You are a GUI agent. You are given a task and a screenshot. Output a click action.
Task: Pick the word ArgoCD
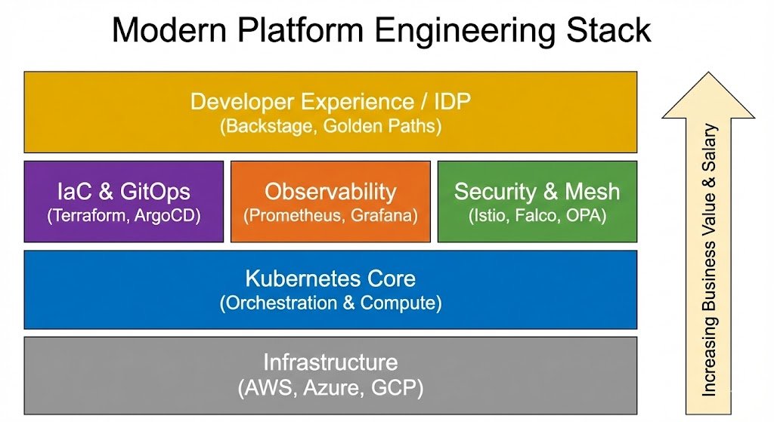coord(170,215)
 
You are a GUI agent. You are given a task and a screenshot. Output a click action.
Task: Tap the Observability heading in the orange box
coord(330,191)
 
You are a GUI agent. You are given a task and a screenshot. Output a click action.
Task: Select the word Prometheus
coord(293,215)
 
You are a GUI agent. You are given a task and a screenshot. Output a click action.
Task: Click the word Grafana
coord(382,215)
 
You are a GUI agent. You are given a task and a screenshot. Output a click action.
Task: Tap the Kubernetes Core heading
coord(330,279)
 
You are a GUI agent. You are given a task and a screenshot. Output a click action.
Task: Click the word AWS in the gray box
coord(265,388)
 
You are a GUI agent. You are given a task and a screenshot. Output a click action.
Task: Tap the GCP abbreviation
coord(395,388)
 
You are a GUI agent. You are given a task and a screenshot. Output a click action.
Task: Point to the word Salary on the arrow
coord(710,151)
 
